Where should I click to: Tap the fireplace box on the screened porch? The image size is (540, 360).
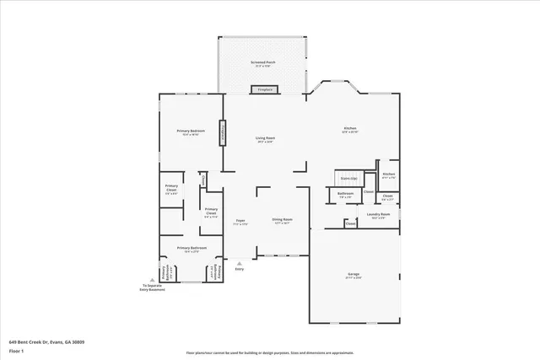265,89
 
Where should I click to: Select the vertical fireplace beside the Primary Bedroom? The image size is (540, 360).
223,132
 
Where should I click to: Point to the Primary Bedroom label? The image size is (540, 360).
191,132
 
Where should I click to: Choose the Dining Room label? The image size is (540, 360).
282,221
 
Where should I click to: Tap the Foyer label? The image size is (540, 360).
240,222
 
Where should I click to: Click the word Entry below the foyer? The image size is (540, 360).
240,269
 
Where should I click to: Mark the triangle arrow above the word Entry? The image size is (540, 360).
240,261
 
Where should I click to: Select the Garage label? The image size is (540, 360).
354,275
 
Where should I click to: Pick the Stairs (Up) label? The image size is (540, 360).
348,179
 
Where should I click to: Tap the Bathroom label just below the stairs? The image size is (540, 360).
345,195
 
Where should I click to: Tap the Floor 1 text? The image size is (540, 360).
16,350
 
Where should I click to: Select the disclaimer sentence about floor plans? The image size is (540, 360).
270,352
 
